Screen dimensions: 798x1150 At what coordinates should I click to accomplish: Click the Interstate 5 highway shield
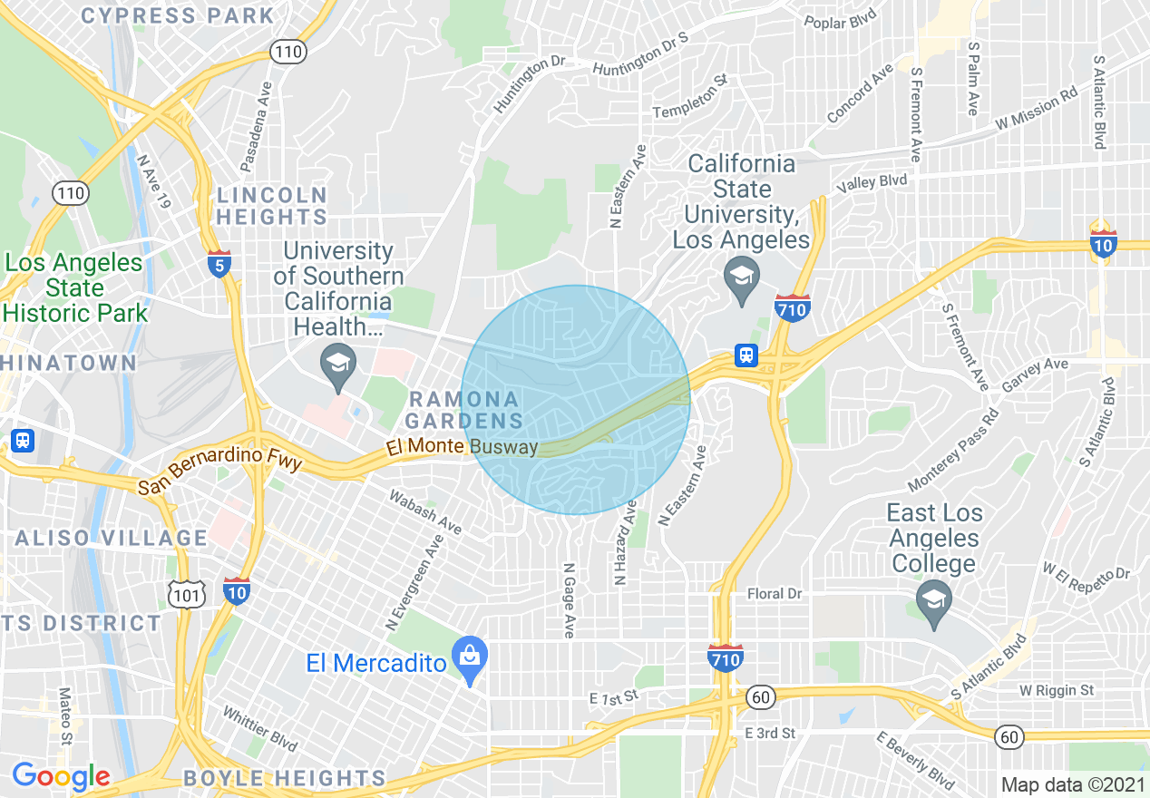point(219,263)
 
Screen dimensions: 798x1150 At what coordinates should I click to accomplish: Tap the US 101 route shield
point(184,592)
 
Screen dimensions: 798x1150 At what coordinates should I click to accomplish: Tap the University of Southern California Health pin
point(338,367)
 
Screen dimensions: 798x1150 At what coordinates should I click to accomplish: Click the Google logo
point(61,776)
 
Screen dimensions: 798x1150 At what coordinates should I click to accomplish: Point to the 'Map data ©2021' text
point(1070,783)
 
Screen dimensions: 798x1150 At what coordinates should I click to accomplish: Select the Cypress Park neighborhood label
point(178,15)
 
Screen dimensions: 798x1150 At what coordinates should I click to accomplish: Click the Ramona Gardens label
point(463,410)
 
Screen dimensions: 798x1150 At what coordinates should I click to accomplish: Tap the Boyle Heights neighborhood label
point(284,778)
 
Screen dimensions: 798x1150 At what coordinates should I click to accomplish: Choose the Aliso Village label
point(112,538)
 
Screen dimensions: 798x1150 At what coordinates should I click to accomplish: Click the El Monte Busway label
point(461,447)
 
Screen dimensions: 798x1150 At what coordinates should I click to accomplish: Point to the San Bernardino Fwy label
point(219,472)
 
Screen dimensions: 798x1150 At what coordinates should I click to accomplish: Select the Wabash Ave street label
point(425,512)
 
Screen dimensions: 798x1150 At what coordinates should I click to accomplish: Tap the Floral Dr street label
point(775,594)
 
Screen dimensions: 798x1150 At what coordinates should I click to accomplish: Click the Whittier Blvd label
point(259,729)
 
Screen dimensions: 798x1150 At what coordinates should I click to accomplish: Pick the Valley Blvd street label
point(872,182)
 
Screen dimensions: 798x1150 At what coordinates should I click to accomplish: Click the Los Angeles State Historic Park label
point(74,288)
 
